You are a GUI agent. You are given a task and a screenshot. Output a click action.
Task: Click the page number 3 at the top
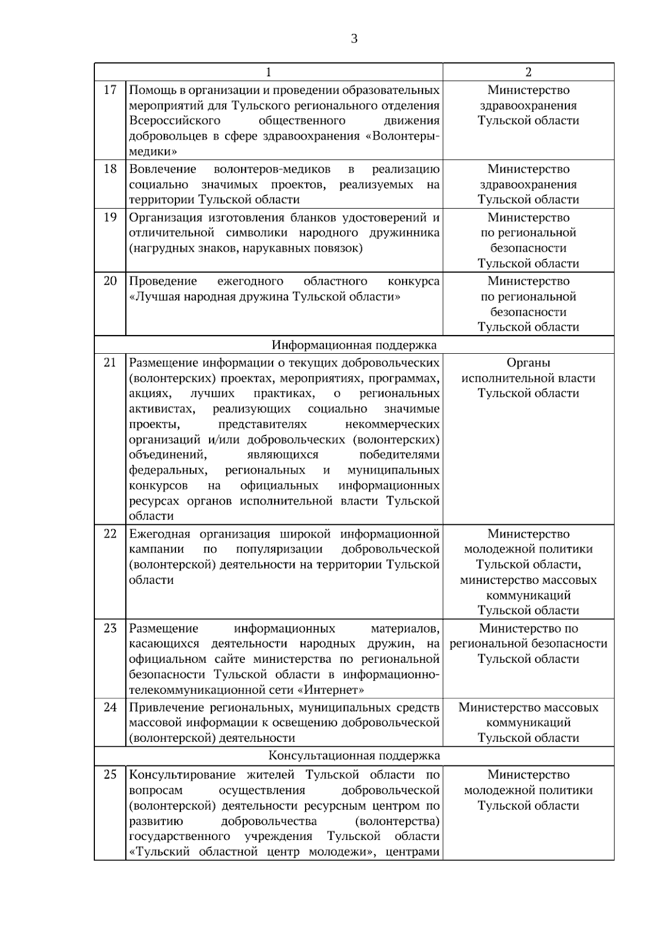pos(354,39)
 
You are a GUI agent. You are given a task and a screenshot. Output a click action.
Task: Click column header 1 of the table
pos(268,72)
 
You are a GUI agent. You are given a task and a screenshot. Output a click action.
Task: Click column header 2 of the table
pos(528,72)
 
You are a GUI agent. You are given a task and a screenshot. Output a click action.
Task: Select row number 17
pos(110,89)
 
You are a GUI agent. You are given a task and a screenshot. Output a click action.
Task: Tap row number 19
pos(110,217)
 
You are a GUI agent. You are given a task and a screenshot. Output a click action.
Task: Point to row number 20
pos(110,281)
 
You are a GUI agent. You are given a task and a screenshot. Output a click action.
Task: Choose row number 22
pos(110,534)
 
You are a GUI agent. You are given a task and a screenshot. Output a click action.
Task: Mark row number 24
pos(110,707)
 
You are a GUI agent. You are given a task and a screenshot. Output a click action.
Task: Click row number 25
pos(110,775)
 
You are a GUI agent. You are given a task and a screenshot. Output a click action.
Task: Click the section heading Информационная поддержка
pos(354,345)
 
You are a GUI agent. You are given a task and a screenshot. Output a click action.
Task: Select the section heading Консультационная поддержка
pos(354,756)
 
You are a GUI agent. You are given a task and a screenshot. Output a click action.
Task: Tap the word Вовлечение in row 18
pos(162,169)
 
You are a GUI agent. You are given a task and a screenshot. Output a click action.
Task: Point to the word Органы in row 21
pos(528,363)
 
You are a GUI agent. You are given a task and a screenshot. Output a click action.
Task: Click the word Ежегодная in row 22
pos(159,534)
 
